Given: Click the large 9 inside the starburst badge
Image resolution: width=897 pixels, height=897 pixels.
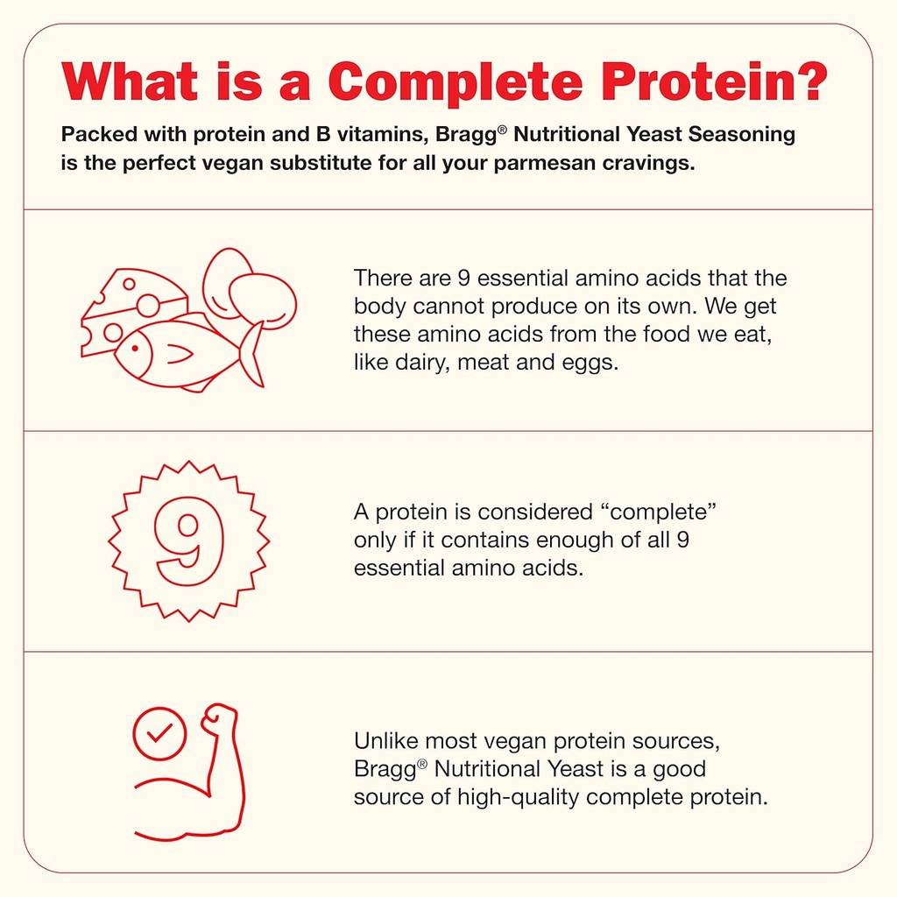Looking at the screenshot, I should coord(188,540).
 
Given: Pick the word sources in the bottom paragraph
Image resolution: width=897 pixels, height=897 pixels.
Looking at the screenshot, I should coord(676,741).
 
